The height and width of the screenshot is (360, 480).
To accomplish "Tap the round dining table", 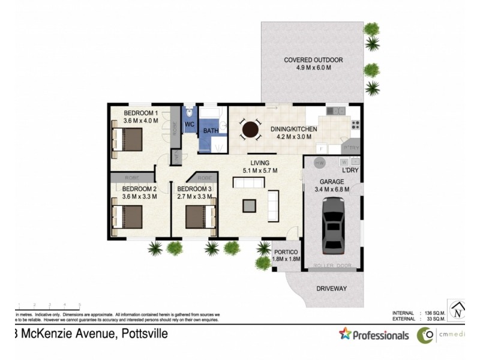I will [251, 130].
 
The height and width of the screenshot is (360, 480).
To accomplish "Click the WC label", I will [189, 124].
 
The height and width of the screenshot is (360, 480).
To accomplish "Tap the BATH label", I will [210, 131].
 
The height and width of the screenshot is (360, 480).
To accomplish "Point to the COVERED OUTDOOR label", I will [313, 60].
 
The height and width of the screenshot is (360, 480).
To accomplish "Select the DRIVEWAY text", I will [331, 289].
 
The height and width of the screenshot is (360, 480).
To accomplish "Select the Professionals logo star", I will [345, 334].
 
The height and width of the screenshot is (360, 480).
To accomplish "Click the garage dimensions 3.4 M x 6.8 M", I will [332, 191].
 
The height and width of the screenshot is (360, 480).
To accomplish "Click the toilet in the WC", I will [189, 113].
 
